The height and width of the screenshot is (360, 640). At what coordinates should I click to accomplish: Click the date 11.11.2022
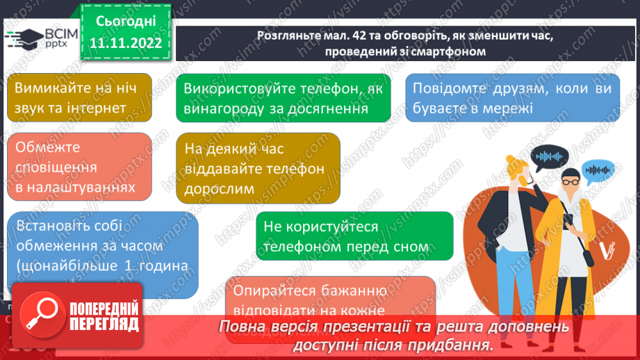coord(125,43)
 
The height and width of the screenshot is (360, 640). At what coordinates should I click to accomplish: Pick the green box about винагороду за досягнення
coord(282,98)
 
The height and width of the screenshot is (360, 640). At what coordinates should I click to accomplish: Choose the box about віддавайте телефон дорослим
coord(258,168)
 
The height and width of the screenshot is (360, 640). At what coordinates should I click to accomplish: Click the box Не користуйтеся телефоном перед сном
coord(354,236)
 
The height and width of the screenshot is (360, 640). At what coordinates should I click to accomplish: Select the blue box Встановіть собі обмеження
coord(102,254)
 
